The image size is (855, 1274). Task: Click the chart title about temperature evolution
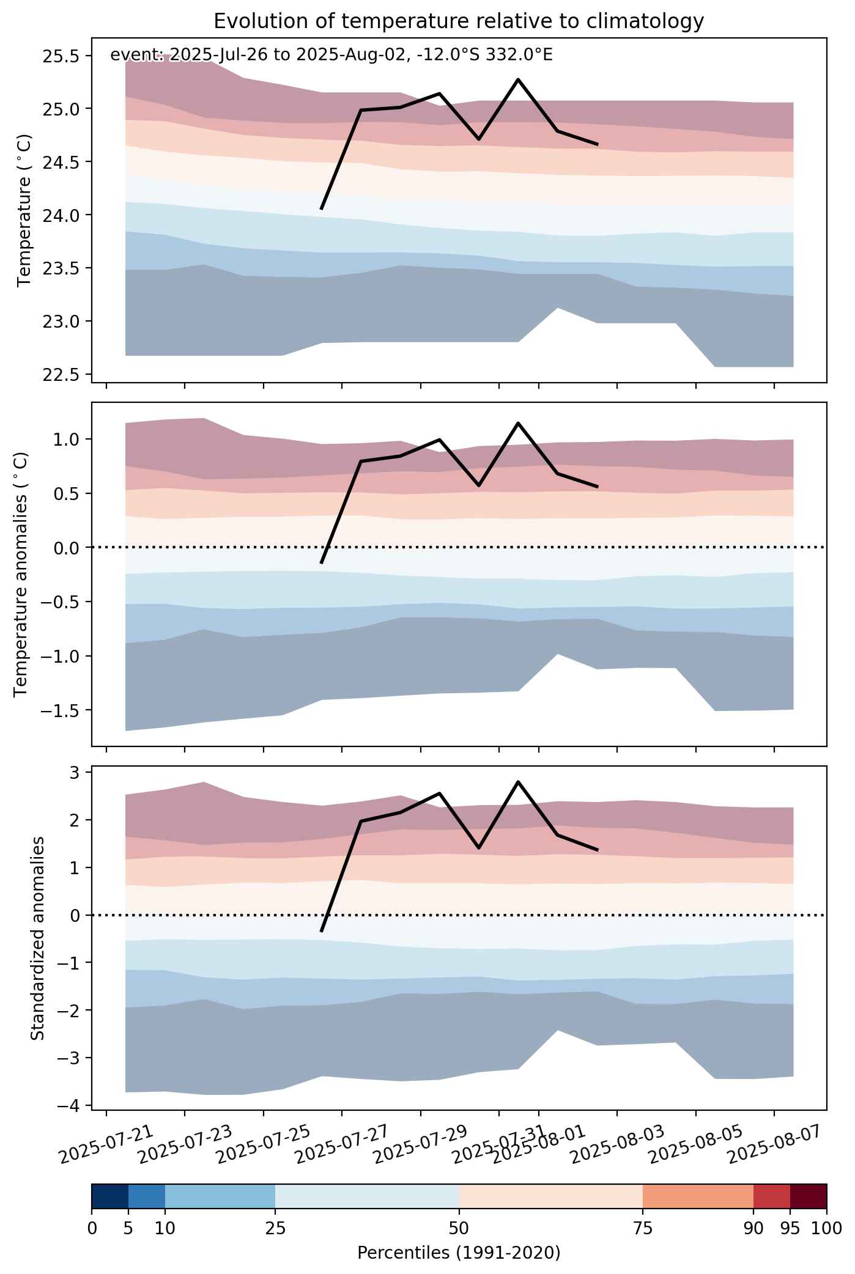pos(459,21)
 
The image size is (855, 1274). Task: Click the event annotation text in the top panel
pos(331,55)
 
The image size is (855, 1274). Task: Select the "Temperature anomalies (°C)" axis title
pos(21,574)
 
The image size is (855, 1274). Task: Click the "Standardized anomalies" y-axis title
pos(37,937)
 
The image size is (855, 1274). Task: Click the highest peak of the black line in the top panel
pos(518,79)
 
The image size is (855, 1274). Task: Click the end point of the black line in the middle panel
pos(597,487)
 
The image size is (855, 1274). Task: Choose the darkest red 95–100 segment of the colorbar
pos(809,1196)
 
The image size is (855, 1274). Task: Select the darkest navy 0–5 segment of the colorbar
pos(110,1196)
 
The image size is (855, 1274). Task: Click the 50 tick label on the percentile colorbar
pos(459,1227)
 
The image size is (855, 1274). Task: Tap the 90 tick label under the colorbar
pos(753,1227)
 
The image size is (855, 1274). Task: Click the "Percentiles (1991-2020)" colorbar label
pos(459,1253)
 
